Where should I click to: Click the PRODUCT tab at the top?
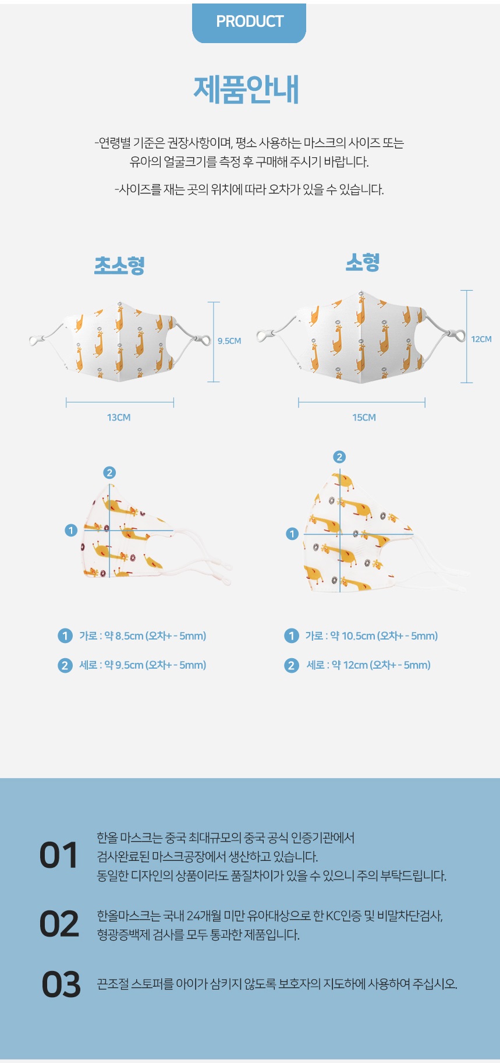click(249, 22)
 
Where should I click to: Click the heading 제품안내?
click(246, 90)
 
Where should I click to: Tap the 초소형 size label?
click(119, 265)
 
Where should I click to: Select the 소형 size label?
click(363, 262)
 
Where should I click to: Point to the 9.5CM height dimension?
click(229, 341)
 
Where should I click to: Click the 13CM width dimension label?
click(119, 418)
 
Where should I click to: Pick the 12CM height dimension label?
click(481, 339)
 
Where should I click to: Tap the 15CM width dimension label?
click(364, 418)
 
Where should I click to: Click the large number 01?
click(58, 856)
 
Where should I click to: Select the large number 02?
click(59, 924)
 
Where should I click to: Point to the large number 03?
click(61, 984)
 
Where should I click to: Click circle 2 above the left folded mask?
click(109, 472)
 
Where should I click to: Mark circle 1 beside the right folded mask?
click(292, 534)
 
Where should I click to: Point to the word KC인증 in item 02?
click(343, 916)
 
